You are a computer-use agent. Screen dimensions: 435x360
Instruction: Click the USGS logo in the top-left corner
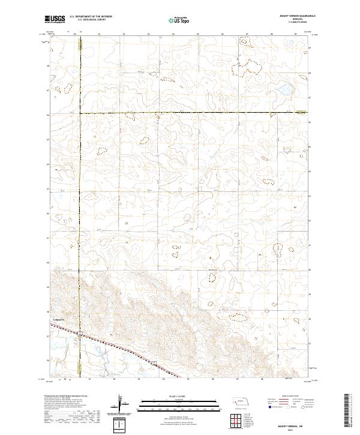click(x=55, y=20)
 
